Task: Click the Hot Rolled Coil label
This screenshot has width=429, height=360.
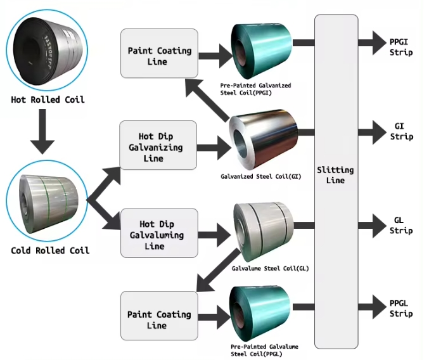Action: click(x=48, y=100)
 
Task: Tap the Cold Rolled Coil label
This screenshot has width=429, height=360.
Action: click(x=50, y=250)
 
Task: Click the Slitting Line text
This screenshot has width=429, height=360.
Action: click(x=335, y=176)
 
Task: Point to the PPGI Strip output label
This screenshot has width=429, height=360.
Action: click(x=401, y=47)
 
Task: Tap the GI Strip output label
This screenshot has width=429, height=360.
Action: click(x=401, y=132)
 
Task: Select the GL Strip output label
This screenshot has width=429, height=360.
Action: click(x=401, y=225)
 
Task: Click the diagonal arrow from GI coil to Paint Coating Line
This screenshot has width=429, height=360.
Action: click(x=210, y=98)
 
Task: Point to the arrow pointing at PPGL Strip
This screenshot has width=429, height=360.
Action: click(x=369, y=309)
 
